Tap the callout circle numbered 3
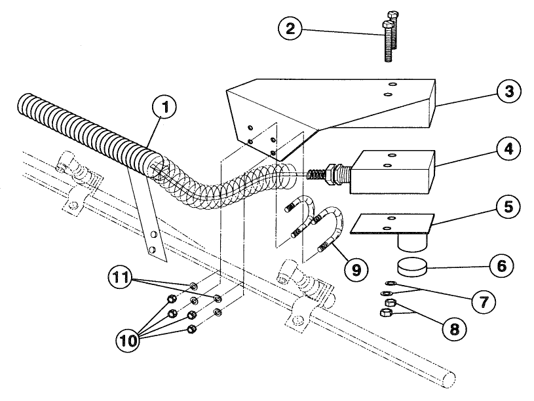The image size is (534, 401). pyautogui.click(x=506, y=90)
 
